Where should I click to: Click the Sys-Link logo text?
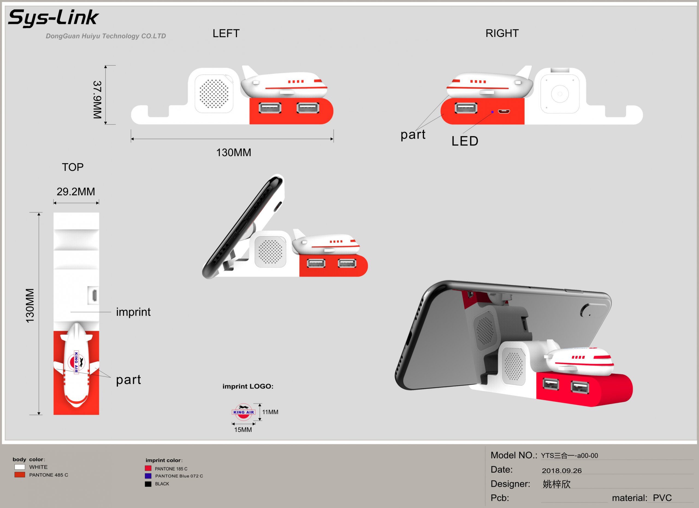click(x=53, y=17)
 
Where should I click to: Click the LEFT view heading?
click(x=226, y=33)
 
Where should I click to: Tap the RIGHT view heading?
click(x=502, y=33)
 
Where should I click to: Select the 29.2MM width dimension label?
click(x=76, y=192)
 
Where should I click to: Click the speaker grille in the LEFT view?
click(x=214, y=94)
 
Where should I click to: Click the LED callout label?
click(x=465, y=141)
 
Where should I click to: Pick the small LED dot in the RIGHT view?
click(x=492, y=112)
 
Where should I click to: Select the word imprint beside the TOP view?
click(x=133, y=312)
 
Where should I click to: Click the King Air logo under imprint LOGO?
click(x=244, y=412)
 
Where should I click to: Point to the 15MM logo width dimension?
click(x=243, y=429)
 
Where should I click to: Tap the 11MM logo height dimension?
click(x=270, y=412)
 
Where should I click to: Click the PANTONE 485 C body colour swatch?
click(x=20, y=475)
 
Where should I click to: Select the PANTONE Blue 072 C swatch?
click(x=148, y=476)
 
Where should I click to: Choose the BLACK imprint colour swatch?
click(x=148, y=484)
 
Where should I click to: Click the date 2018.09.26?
click(x=562, y=471)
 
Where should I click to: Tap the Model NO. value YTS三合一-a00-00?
click(x=569, y=456)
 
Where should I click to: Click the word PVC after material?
click(x=662, y=498)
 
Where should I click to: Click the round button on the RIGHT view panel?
click(x=560, y=94)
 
